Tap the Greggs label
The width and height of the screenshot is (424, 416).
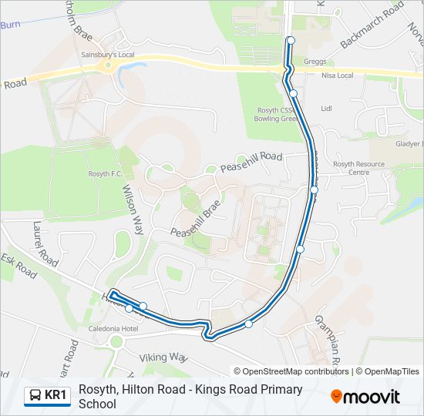click(x=315, y=62)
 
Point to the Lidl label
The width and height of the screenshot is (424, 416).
click(x=325, y=109)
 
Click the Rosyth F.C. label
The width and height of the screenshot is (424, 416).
click(x=106, y=173)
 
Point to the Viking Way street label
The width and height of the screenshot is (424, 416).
click(x=163, y=357)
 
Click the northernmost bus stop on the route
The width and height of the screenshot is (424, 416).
click(x=291, y=40)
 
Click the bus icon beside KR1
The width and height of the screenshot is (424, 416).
click(x=35, y=396)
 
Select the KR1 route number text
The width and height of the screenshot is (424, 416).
click(x=57, y=396)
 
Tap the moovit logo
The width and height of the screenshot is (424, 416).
click(x=365, y=397)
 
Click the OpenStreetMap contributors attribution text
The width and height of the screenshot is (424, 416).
click(x=296, y=371)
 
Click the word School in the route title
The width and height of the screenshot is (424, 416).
click(x=103, y=404)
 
